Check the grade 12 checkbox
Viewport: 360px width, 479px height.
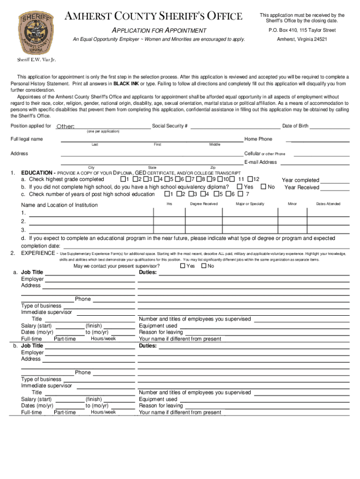[250, 179]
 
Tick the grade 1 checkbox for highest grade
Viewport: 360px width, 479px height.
[123, 179]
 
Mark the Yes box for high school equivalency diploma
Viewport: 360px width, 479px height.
[239, 187]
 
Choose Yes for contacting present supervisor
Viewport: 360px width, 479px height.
[182, 266]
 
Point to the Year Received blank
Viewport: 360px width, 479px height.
[335, 188]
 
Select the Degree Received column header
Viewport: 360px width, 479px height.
[204, 204]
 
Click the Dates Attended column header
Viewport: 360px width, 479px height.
[328, 204]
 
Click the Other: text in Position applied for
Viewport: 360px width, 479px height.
[65, 127]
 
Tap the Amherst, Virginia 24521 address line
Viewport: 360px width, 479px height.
[302, 39]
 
